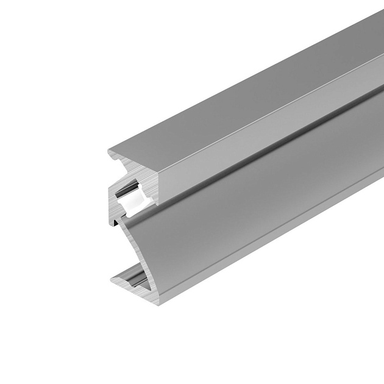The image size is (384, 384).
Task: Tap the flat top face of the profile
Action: [x=244, y=98]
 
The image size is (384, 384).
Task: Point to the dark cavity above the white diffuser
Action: [x=129, y=190]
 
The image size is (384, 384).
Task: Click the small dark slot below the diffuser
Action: [x=116, y=224]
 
